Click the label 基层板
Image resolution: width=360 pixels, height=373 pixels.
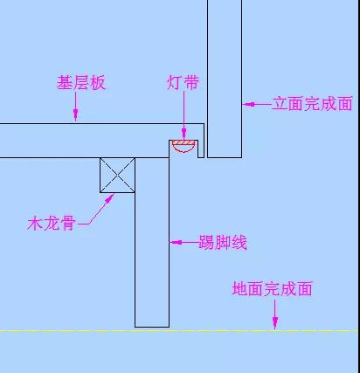point(81,83)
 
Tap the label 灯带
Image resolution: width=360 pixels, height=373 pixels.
point(183,82)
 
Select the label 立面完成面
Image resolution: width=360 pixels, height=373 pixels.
point(313,104)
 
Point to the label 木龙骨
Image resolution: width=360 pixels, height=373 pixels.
point(52,224)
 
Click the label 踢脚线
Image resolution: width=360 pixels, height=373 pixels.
point(223,242)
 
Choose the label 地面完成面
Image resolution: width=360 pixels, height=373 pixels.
point(273,288)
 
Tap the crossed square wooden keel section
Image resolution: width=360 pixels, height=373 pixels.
point(117,176)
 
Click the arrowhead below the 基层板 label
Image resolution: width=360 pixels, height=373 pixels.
point(76,114)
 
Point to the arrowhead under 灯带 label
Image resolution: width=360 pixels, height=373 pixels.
point(183,134)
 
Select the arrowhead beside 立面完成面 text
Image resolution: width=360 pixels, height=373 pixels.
point(248,104)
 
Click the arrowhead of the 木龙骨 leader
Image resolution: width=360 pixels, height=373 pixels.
point(109,199)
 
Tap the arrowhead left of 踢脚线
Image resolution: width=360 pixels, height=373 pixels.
point(176,242)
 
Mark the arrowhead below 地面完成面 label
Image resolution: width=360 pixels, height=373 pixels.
point(275,324)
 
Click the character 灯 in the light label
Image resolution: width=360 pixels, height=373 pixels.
point(175,82)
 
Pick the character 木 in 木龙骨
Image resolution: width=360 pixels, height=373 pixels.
point(35,224)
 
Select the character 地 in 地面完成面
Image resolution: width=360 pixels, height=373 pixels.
point(239,288)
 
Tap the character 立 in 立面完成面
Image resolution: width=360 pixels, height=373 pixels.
point(280,104)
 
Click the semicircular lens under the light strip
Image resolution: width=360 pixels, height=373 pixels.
point(183,149)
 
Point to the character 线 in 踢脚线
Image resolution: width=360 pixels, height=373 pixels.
point(239,242)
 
